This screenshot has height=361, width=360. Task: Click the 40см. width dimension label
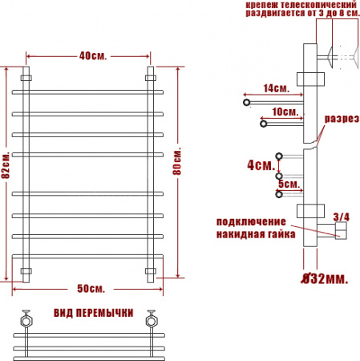(x=93, y=56)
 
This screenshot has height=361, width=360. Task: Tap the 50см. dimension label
(x=91, y=289)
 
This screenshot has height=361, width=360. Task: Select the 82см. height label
(x=6, y=165)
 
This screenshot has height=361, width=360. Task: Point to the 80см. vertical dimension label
(x=177, y=161)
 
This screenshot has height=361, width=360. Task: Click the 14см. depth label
(x=277, y=88)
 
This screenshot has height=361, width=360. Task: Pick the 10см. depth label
(x=285, y=112)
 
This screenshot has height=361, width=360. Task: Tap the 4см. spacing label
(x=261, y=165)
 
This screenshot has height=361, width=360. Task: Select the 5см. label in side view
(x=289, y=184)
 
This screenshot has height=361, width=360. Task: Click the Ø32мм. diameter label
(x=325, y=279)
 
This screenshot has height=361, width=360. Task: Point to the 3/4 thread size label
(x=342, y=217)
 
